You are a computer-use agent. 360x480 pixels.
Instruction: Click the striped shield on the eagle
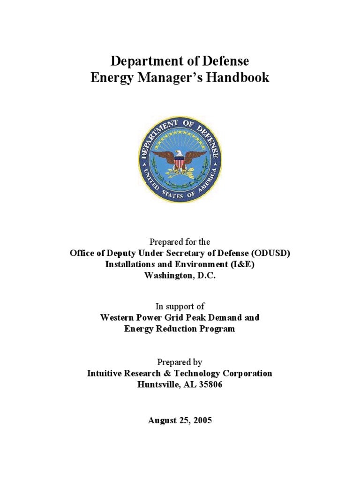pos(180,163)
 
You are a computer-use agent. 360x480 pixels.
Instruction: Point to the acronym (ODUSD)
pos(271,253)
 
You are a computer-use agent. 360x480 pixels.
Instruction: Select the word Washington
pos(167,276)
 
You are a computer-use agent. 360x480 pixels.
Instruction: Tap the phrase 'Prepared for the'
pos(180,242)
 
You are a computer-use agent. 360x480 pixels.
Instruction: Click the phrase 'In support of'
pos(180,306)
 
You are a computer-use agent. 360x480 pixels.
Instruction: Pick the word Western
pos(118,317)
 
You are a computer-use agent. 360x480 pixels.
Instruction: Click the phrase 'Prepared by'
pos(180,362)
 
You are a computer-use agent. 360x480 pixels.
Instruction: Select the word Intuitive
pos(105,373)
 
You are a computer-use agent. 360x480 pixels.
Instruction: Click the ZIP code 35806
pos(211,384)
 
